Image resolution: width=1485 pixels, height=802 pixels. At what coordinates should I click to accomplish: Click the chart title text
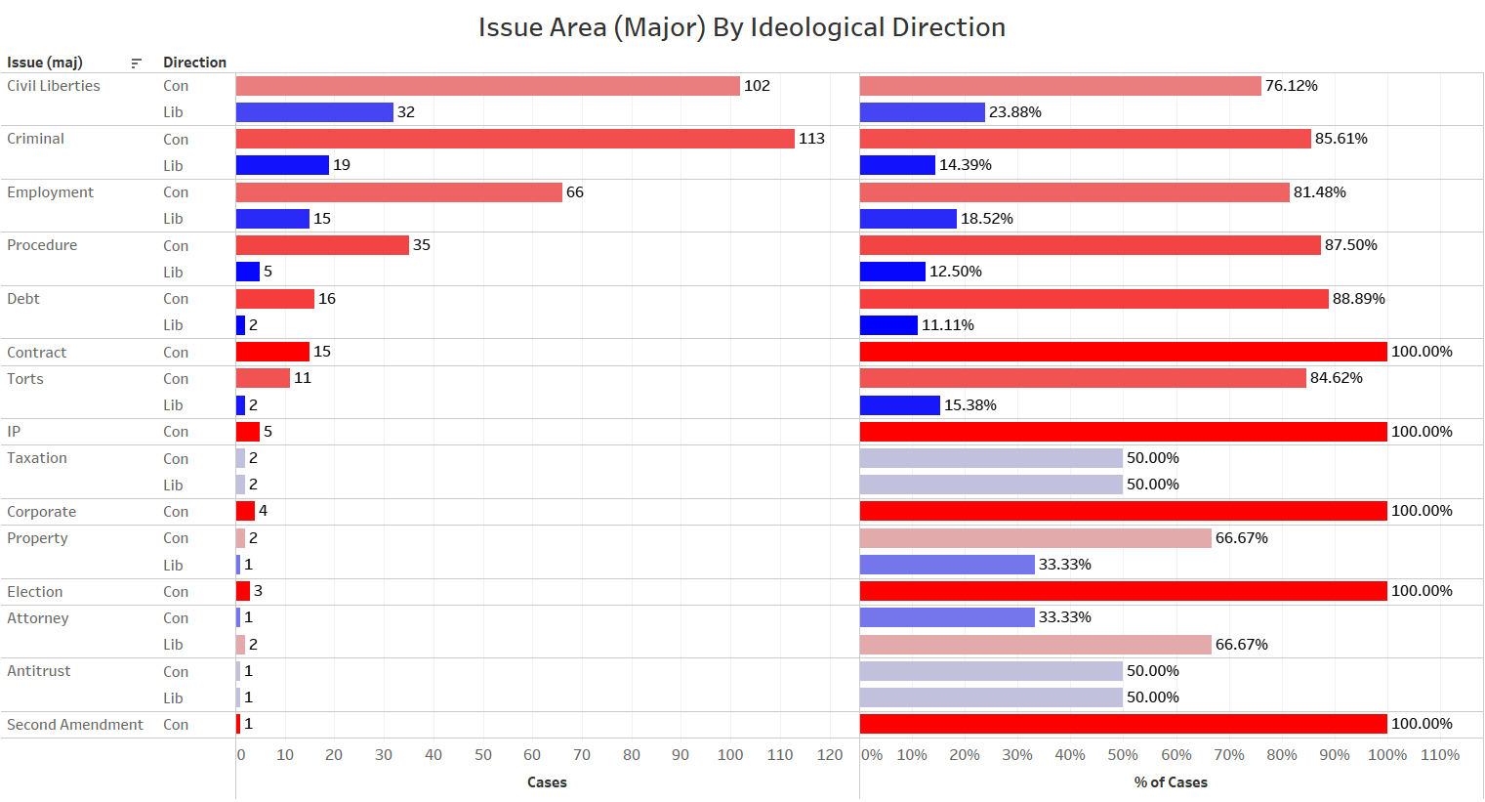[741, 27]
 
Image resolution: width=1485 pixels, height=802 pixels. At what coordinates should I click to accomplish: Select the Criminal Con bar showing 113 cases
[515, 139]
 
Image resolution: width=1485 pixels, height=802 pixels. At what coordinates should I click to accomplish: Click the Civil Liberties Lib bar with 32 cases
[314, 112]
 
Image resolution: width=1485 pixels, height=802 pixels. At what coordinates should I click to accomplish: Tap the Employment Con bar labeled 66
[398, 192]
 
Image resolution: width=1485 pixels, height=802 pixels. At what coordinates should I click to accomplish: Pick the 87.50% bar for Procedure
[1090, 245]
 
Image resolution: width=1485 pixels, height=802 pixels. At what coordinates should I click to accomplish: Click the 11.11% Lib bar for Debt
[888, 325]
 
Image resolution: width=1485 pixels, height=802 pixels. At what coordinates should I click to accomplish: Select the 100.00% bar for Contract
[1123, 352]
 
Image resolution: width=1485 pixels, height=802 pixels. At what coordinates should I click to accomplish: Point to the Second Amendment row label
[75, 725]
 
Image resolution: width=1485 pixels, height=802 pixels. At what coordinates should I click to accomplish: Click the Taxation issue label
[37, 458]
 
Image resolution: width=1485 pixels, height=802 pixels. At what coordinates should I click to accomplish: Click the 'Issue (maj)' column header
[45, 63]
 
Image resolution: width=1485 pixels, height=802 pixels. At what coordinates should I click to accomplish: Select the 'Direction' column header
[194, 63]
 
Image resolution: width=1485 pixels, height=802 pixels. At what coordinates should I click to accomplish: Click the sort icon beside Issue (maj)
[136, 63]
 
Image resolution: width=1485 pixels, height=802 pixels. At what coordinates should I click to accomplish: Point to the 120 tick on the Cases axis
[830, 755]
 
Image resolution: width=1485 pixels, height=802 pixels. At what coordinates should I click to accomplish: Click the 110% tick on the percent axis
[1440, 755]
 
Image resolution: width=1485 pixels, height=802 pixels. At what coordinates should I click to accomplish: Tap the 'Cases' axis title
[547, 782]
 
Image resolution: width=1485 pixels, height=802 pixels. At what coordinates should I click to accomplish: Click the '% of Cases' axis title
[1171, 782]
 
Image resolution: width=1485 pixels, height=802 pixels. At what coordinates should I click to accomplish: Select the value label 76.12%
[1291, 86]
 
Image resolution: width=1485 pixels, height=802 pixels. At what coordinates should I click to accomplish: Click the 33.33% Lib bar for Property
[947, 565]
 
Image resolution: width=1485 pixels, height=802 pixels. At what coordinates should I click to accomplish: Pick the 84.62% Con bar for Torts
[1083, 378]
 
